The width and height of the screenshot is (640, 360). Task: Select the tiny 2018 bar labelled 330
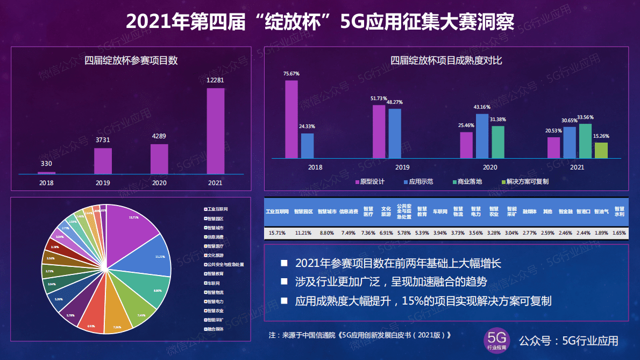pos(46,173)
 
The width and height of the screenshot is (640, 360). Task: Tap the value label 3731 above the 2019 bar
pos(103,140)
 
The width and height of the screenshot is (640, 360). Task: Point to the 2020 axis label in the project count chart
pos(159,183)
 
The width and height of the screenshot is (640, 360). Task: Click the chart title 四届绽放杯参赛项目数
pos(131,61)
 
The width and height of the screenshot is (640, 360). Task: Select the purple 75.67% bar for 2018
pos(291,119)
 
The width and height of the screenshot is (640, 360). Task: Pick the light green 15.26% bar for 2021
pos(601,150)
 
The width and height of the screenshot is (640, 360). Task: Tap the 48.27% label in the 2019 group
pos(394,102)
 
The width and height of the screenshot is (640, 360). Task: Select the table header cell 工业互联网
pos(278,212)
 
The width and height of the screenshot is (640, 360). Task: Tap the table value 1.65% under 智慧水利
pos(619,233)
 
